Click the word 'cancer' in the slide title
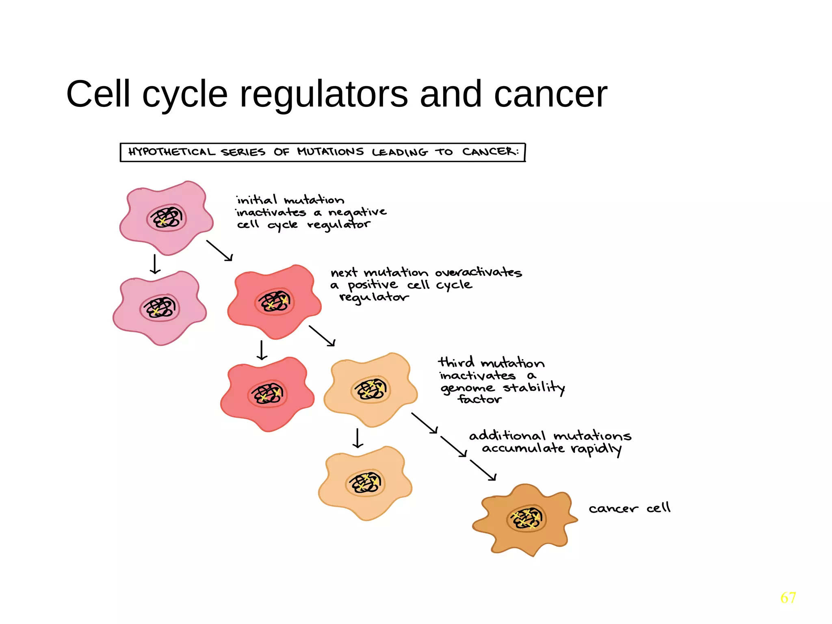pos(550,95)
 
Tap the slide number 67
pos(788,598)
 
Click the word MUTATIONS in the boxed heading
pos(330,152)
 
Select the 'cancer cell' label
pos(629,508)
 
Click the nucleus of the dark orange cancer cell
pos(526,519)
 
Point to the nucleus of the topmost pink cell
pos(167,219)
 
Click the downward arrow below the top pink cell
pos(155,264)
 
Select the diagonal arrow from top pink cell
pos(219,250)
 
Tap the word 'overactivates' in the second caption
pos(478,272)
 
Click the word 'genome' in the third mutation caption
pos(467,388)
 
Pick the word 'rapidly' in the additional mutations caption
pos(596,449)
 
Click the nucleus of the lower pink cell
pos(160,308)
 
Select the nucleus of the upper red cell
pos(275,302)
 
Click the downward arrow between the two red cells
pos(262,350)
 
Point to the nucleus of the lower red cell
pos(267,394)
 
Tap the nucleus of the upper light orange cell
pos(370,390)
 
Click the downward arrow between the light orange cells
pos(357,438)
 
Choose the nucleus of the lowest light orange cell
pos(365,483)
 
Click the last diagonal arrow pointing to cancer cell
pos(483,470)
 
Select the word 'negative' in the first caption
pos(357,212)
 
